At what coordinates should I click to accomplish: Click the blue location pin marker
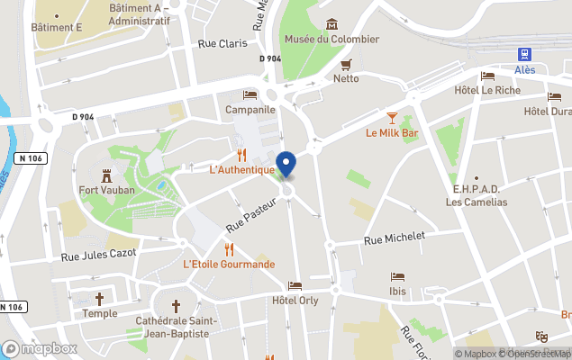pyautogui.click(x=286, y=165)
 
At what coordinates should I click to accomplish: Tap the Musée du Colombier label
pyautogui.click(x=331, y=39)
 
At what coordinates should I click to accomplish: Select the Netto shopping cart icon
pyautogui.click(x=346, y=64)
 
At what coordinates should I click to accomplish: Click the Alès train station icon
pyautogui.click(x=525, y=55)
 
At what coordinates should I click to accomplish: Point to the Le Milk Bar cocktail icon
pyautogui.click(x=392, y=118)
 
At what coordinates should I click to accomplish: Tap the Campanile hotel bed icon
pyautogui.click(x=250, y=94)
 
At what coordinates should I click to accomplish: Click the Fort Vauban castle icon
pyautogui.click(x=105, y=175)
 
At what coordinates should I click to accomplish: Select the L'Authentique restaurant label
pyautogui.click(x=241, y=169)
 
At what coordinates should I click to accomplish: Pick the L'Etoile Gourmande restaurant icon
pyautogui.click(x=229, y=249)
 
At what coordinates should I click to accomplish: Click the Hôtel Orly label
pyautogui.click(x=295, y=301)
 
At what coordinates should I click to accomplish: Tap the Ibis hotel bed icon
pyautogui.click(x=396, y=277)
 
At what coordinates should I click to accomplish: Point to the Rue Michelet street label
pyautogui.click(x=393, y=239)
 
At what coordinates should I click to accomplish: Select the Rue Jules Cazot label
pyautogui.click(x=98, y=255)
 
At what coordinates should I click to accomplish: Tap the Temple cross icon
pyautogui.click(x=99, y=299)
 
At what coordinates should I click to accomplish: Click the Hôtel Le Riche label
pyautogui.click(x=487, y=91)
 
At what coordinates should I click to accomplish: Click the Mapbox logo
pyautogui.click(x=39, y=348)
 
